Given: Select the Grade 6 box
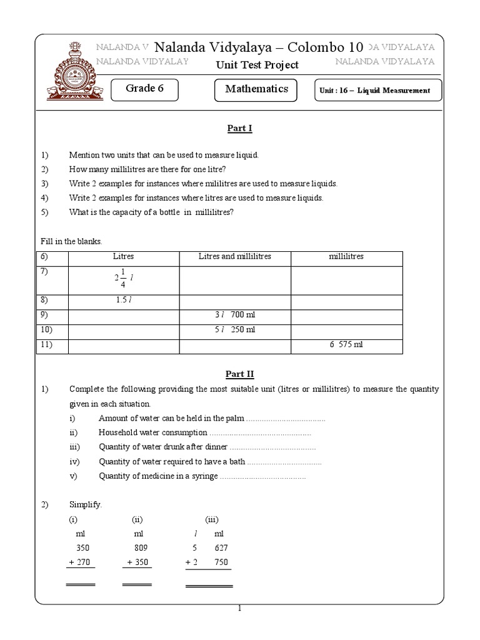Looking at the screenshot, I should coord(144,89).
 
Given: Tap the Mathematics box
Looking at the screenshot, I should coord(256,89).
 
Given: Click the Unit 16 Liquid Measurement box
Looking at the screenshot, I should coord(377,91).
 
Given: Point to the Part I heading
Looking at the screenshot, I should coord(239,129).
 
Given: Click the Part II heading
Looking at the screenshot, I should coord(239,374).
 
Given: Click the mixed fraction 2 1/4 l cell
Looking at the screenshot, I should coord(124,279).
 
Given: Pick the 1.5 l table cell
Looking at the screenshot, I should coord(124,300).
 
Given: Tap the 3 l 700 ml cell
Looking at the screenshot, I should coord(235,315).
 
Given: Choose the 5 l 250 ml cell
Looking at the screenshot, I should coord(235,330).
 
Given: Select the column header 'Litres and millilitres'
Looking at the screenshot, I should coord(235,257).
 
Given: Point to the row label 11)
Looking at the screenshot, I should coord(47,344).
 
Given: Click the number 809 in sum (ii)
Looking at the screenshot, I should coord(140,548).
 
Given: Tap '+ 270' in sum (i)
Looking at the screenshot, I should coord(79,562).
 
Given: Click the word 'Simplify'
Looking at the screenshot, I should coord(84,504).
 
